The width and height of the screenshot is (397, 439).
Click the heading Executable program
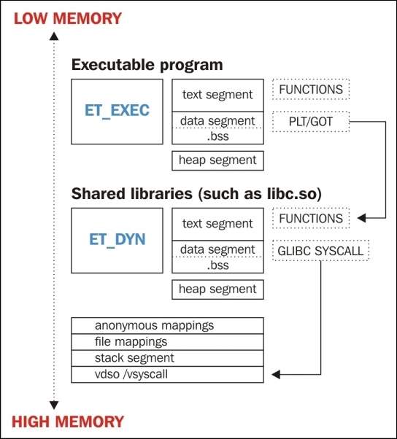[x=147, y=65]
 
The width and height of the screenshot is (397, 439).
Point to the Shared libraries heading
[x=196, y=194]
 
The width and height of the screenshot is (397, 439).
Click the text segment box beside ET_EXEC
[x=217, y=95]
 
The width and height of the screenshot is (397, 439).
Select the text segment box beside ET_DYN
[x=217, y=224]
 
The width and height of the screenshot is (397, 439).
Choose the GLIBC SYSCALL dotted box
[x=320, y=250]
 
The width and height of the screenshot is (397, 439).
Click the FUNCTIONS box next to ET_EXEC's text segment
[x=312, y=90]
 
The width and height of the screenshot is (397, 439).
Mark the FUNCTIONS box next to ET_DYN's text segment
[x=312, y=218]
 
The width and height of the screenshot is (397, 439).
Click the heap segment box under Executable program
[x=217, y=160]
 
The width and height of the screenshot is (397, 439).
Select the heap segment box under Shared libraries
[x=217, y=290]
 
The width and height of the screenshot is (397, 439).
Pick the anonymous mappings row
[x=167, y=325]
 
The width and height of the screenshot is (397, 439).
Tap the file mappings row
[x=167, y=341]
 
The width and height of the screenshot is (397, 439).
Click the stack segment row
[x=167, y=358]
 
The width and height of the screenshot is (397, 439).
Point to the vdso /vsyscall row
[x=167, y=375]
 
